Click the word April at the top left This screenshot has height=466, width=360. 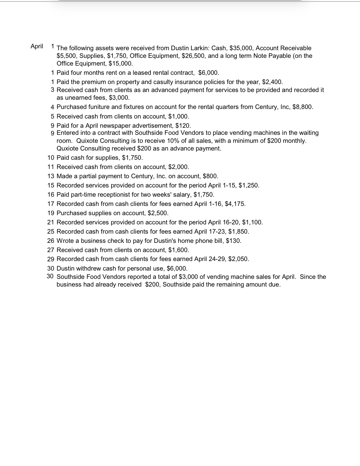pos(37,46)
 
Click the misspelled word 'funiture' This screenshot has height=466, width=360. pos(99,107)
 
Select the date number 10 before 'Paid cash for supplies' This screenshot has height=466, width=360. pos(51,158)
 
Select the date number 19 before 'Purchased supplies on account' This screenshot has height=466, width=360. pos(51,213)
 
